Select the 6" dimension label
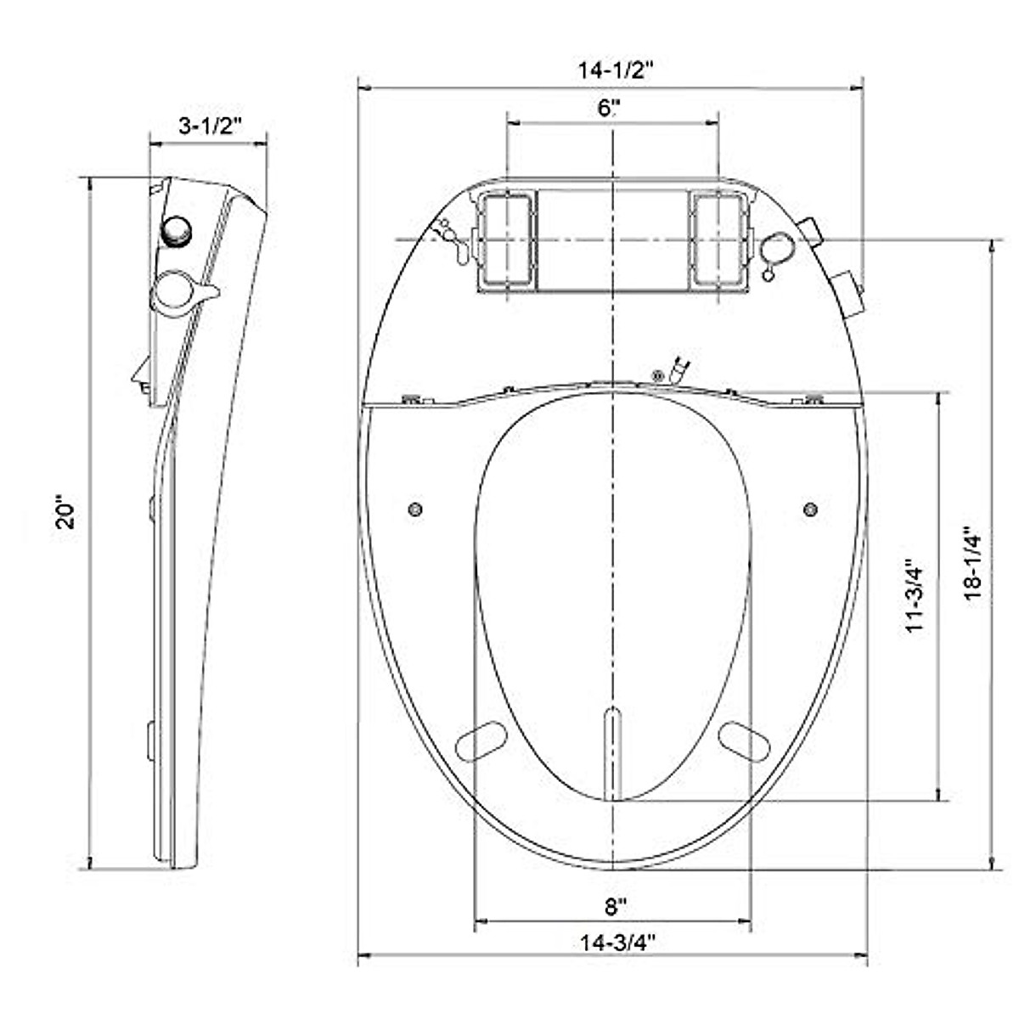[610, 108]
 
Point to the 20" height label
[66, 513]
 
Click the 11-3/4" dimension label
[915, 594]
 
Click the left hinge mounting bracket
[505, 240]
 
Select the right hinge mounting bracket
[719, 240]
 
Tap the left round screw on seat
[415, 509]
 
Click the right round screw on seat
[810, 509]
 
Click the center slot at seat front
[612, 752]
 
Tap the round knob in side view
[177, 230]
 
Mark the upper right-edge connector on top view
[811, 228]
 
